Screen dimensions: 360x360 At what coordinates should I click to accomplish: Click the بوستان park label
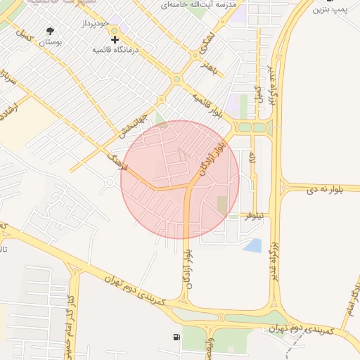[51, 43]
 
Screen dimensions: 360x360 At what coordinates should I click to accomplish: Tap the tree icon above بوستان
[51, 31]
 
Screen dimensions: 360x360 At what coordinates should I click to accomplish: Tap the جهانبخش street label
[133, 123]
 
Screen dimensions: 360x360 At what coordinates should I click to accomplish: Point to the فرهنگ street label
[116, 164]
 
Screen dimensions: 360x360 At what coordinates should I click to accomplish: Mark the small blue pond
[252, 245]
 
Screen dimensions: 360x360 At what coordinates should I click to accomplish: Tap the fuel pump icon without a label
[175, 338]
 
